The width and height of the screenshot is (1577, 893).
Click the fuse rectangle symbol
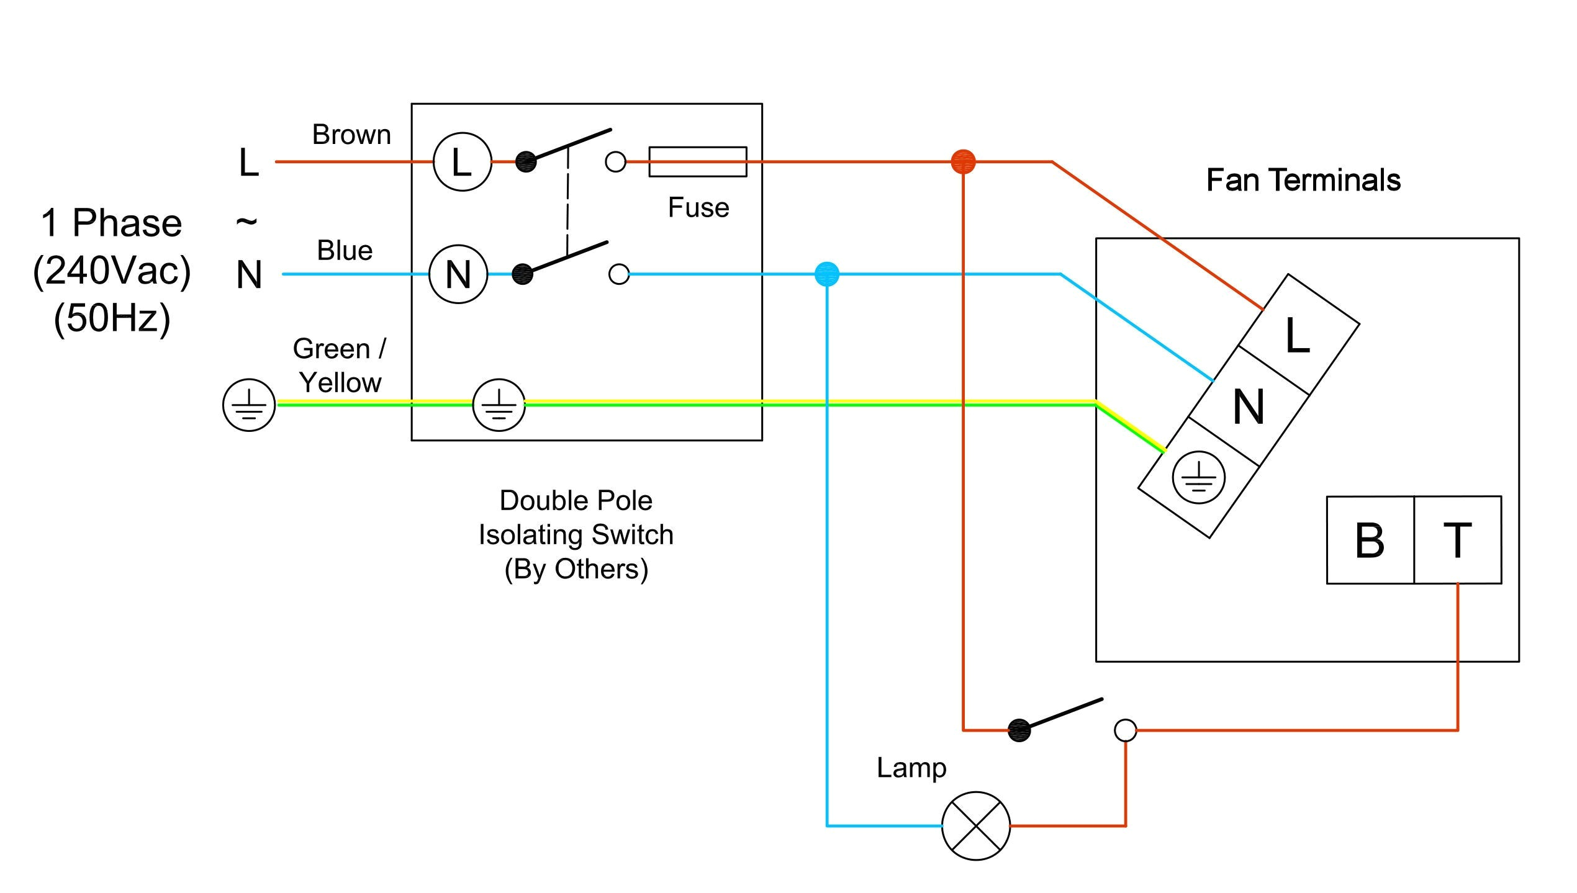click(697, 161)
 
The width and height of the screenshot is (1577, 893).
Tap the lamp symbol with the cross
click(975, 825)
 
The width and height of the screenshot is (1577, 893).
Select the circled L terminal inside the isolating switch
click(462, 162)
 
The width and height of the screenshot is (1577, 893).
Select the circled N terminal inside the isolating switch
click(458, 274)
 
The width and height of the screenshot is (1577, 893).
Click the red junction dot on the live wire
click(963, 161)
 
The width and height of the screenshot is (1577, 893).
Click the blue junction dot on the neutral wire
click(826, 274)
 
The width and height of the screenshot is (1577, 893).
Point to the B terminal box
click(1370, 539)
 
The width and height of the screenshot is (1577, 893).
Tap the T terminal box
click(1457, 539)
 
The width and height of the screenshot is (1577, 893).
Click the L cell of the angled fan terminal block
click(1299, 335)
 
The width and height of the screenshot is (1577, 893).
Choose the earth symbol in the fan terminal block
click(1198, 477)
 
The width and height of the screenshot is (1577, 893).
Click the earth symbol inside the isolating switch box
click(499, 405)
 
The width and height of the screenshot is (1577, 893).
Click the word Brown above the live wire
click(351, 135)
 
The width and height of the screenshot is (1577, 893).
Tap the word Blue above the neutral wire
click(345, 251)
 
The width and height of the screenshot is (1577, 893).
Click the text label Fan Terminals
click(1303, 181)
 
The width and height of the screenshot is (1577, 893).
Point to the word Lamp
click(911, 768)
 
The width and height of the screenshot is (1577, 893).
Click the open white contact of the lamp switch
click(1125, 730)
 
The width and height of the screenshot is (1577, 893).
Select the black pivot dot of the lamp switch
click(1019, 730)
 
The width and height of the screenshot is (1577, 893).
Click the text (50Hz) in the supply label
click(112, 318)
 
